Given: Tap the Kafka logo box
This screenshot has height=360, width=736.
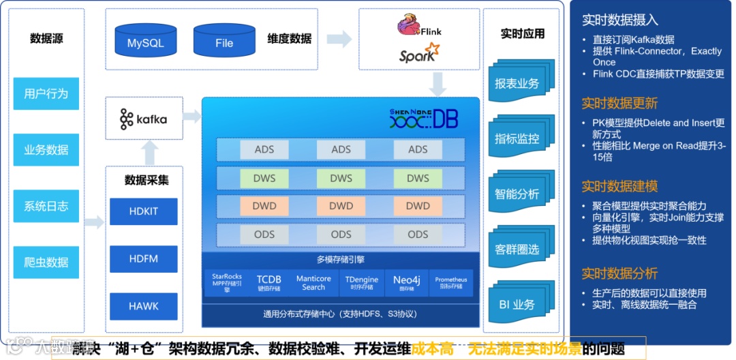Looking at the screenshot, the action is [x=144, y=119].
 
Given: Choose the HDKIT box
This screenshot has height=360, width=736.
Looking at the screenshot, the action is [x=143, y=211].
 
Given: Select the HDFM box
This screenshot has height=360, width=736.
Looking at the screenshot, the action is [x=143, y=259].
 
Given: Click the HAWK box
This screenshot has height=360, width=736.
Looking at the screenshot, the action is [x=143, y=306].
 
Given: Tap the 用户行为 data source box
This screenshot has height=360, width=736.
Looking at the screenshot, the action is [x=46, y=93].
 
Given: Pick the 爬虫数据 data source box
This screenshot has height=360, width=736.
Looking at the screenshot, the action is [x=46, y=262].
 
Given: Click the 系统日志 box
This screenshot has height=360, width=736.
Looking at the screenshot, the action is [x=46, y=206].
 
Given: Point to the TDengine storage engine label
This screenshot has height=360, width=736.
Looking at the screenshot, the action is [x=361, y=282].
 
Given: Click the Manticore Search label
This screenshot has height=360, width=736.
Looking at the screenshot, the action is [x=313, y=282].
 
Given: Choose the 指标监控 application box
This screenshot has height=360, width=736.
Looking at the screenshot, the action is [x=517, y=138].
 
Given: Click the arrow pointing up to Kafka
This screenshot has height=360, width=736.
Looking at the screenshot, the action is [x=151, y=152].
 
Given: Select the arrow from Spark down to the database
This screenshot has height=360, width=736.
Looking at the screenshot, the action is [x=439, y=84].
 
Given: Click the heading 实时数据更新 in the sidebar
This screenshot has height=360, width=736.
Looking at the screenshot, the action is [x=619, y=103].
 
